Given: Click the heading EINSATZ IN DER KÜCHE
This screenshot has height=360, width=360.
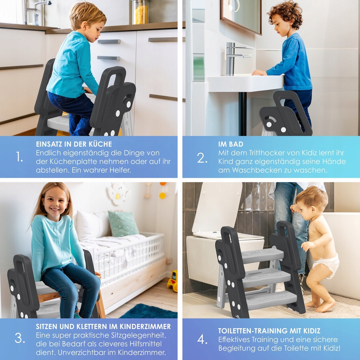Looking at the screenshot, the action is pos(74,144).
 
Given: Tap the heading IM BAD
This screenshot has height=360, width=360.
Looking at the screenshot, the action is pos(231,144).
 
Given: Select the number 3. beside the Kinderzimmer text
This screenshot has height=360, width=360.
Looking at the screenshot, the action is pos(20,338).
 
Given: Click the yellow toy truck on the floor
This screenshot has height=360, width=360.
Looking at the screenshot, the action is pos(172,281).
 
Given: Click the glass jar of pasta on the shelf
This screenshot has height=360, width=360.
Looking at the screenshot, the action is pos(140,12).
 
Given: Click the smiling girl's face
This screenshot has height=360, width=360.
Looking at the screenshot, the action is pos(54,203).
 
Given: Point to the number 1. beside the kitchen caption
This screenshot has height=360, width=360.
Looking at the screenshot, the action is pos(19,157).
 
